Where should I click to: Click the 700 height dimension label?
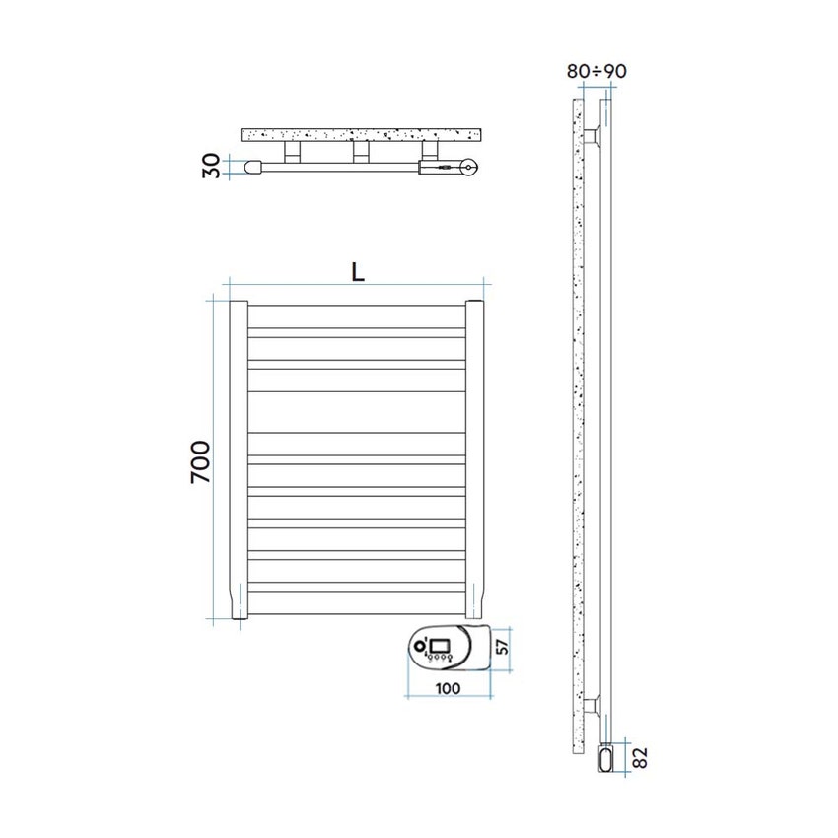pyautogui.click(x=200, y=461)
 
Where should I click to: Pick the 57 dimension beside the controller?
pyautogui.click(x=502, y=647)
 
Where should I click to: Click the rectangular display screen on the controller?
pyautogui.click(x=440, y=649)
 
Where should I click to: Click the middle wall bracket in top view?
pyautogui.click(x=361, y=151)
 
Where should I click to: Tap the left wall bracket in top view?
pyautogui.click(x=292, y=151)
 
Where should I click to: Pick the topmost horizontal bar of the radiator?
pyautogui.click(x=356, y=307)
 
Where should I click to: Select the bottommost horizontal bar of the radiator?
pyautogui.click(x=356, y=593)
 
